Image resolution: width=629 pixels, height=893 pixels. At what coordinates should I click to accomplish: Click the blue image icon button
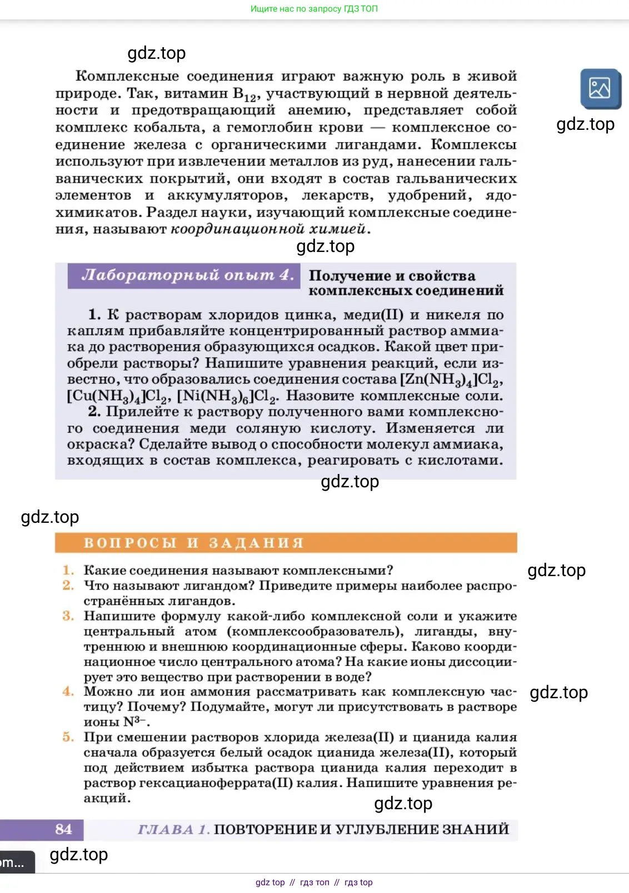600,89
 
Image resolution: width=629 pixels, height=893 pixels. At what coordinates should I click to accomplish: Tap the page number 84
63,829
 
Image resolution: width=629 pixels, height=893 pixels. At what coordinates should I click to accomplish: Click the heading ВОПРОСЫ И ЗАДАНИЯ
193,543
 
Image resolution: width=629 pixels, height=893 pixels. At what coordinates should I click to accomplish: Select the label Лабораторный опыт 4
187,275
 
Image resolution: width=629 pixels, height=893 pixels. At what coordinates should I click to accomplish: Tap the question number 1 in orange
68,570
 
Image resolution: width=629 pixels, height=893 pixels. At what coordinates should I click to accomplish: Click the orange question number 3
68,616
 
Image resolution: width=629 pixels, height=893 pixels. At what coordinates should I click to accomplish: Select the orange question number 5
68,737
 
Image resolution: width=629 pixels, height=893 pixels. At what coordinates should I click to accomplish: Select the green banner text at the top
314,9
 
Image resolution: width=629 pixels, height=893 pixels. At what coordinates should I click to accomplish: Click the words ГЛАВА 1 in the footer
173,829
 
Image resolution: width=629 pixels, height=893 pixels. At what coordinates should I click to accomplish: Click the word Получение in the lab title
349,276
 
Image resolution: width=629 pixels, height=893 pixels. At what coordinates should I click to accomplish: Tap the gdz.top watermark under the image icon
585,124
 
